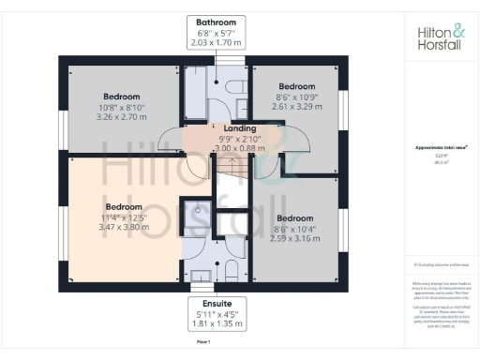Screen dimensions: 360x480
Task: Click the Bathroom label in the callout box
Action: (216, 22)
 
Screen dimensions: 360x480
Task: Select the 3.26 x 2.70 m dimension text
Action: (122, 118)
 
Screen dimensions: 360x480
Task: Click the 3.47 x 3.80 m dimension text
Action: (124, 228)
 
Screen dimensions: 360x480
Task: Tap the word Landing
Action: (221, 128)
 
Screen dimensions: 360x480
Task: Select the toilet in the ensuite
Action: (231, 269)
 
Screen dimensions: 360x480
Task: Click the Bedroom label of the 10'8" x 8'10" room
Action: (122, 97)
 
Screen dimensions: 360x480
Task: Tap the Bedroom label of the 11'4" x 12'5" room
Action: (124, 206)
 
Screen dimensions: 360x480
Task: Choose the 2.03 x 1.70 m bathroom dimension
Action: (216, 43)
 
